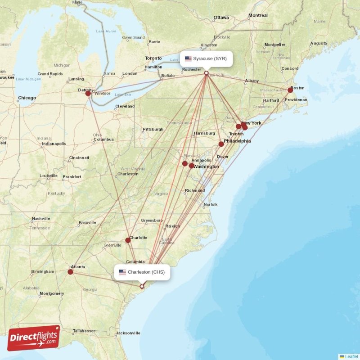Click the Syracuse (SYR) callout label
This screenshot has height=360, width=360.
coord(207,58)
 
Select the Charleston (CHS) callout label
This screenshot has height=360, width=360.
coord(142,272)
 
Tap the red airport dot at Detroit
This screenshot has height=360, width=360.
coord(88,93)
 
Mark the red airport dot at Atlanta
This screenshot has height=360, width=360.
coord(70,271)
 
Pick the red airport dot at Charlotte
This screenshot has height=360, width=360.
coord(128,240)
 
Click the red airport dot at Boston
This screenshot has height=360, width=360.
coord(290,90)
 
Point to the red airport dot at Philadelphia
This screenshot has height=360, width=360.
coord(221,144)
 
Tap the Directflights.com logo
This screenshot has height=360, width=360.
coord(34,338)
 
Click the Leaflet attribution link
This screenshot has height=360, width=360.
coord(351,356)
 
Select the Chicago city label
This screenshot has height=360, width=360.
coord(27,98)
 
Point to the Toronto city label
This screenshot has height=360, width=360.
coord(153,58)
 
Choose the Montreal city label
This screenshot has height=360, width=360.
coord(258,15)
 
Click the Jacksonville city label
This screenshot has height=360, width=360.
coord(128,333)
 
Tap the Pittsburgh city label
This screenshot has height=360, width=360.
coord(153,129)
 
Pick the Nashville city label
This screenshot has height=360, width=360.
coord(41,219)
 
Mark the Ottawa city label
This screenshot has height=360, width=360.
coord(221,18)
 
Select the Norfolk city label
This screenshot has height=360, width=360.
coord(211,205)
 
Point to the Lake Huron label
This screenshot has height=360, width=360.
coord(106,31)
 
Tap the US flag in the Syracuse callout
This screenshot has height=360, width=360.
coord(188,58)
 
